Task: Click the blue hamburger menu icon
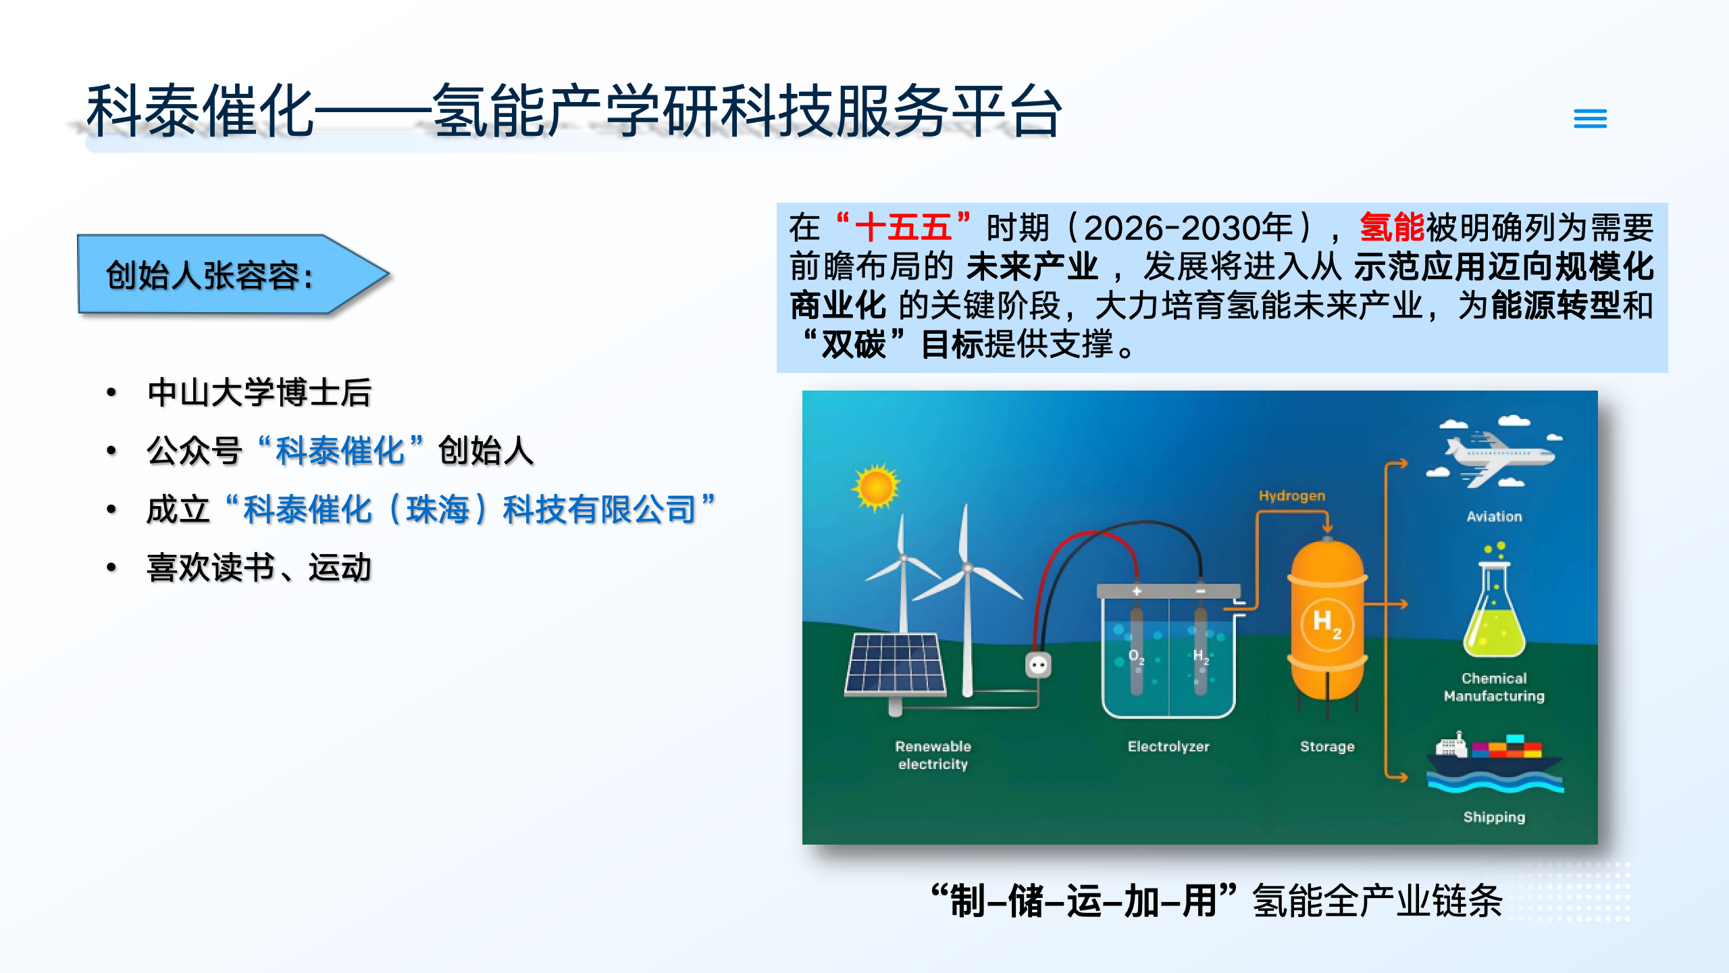pyautogui.click(x=1590, y=119)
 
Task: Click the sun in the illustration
pyautogui.click(x=876, y=487)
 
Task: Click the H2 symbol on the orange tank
pyautogui.click(x=1326, y=623)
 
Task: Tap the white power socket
pyautogui.click(x=1038, y=665)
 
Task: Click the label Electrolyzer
pyautogui.click(x=1168, y=747)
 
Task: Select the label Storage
pyautogui.click(x=1327, y=747)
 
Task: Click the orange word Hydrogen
pyautogui.click(x=1291, y=496)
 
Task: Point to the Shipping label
pyautogui.click(x=1494, y=817)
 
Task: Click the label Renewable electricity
pyautogui.click(x=933, y=755)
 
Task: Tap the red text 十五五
pyautogui.click(x=903, y=228)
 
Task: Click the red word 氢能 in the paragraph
pyautogui.click(x=1391, y=228)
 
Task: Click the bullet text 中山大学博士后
pyautogui.click(x=259, y=393)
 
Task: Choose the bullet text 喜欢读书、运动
pyautogui.click(x=259, y=568)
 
